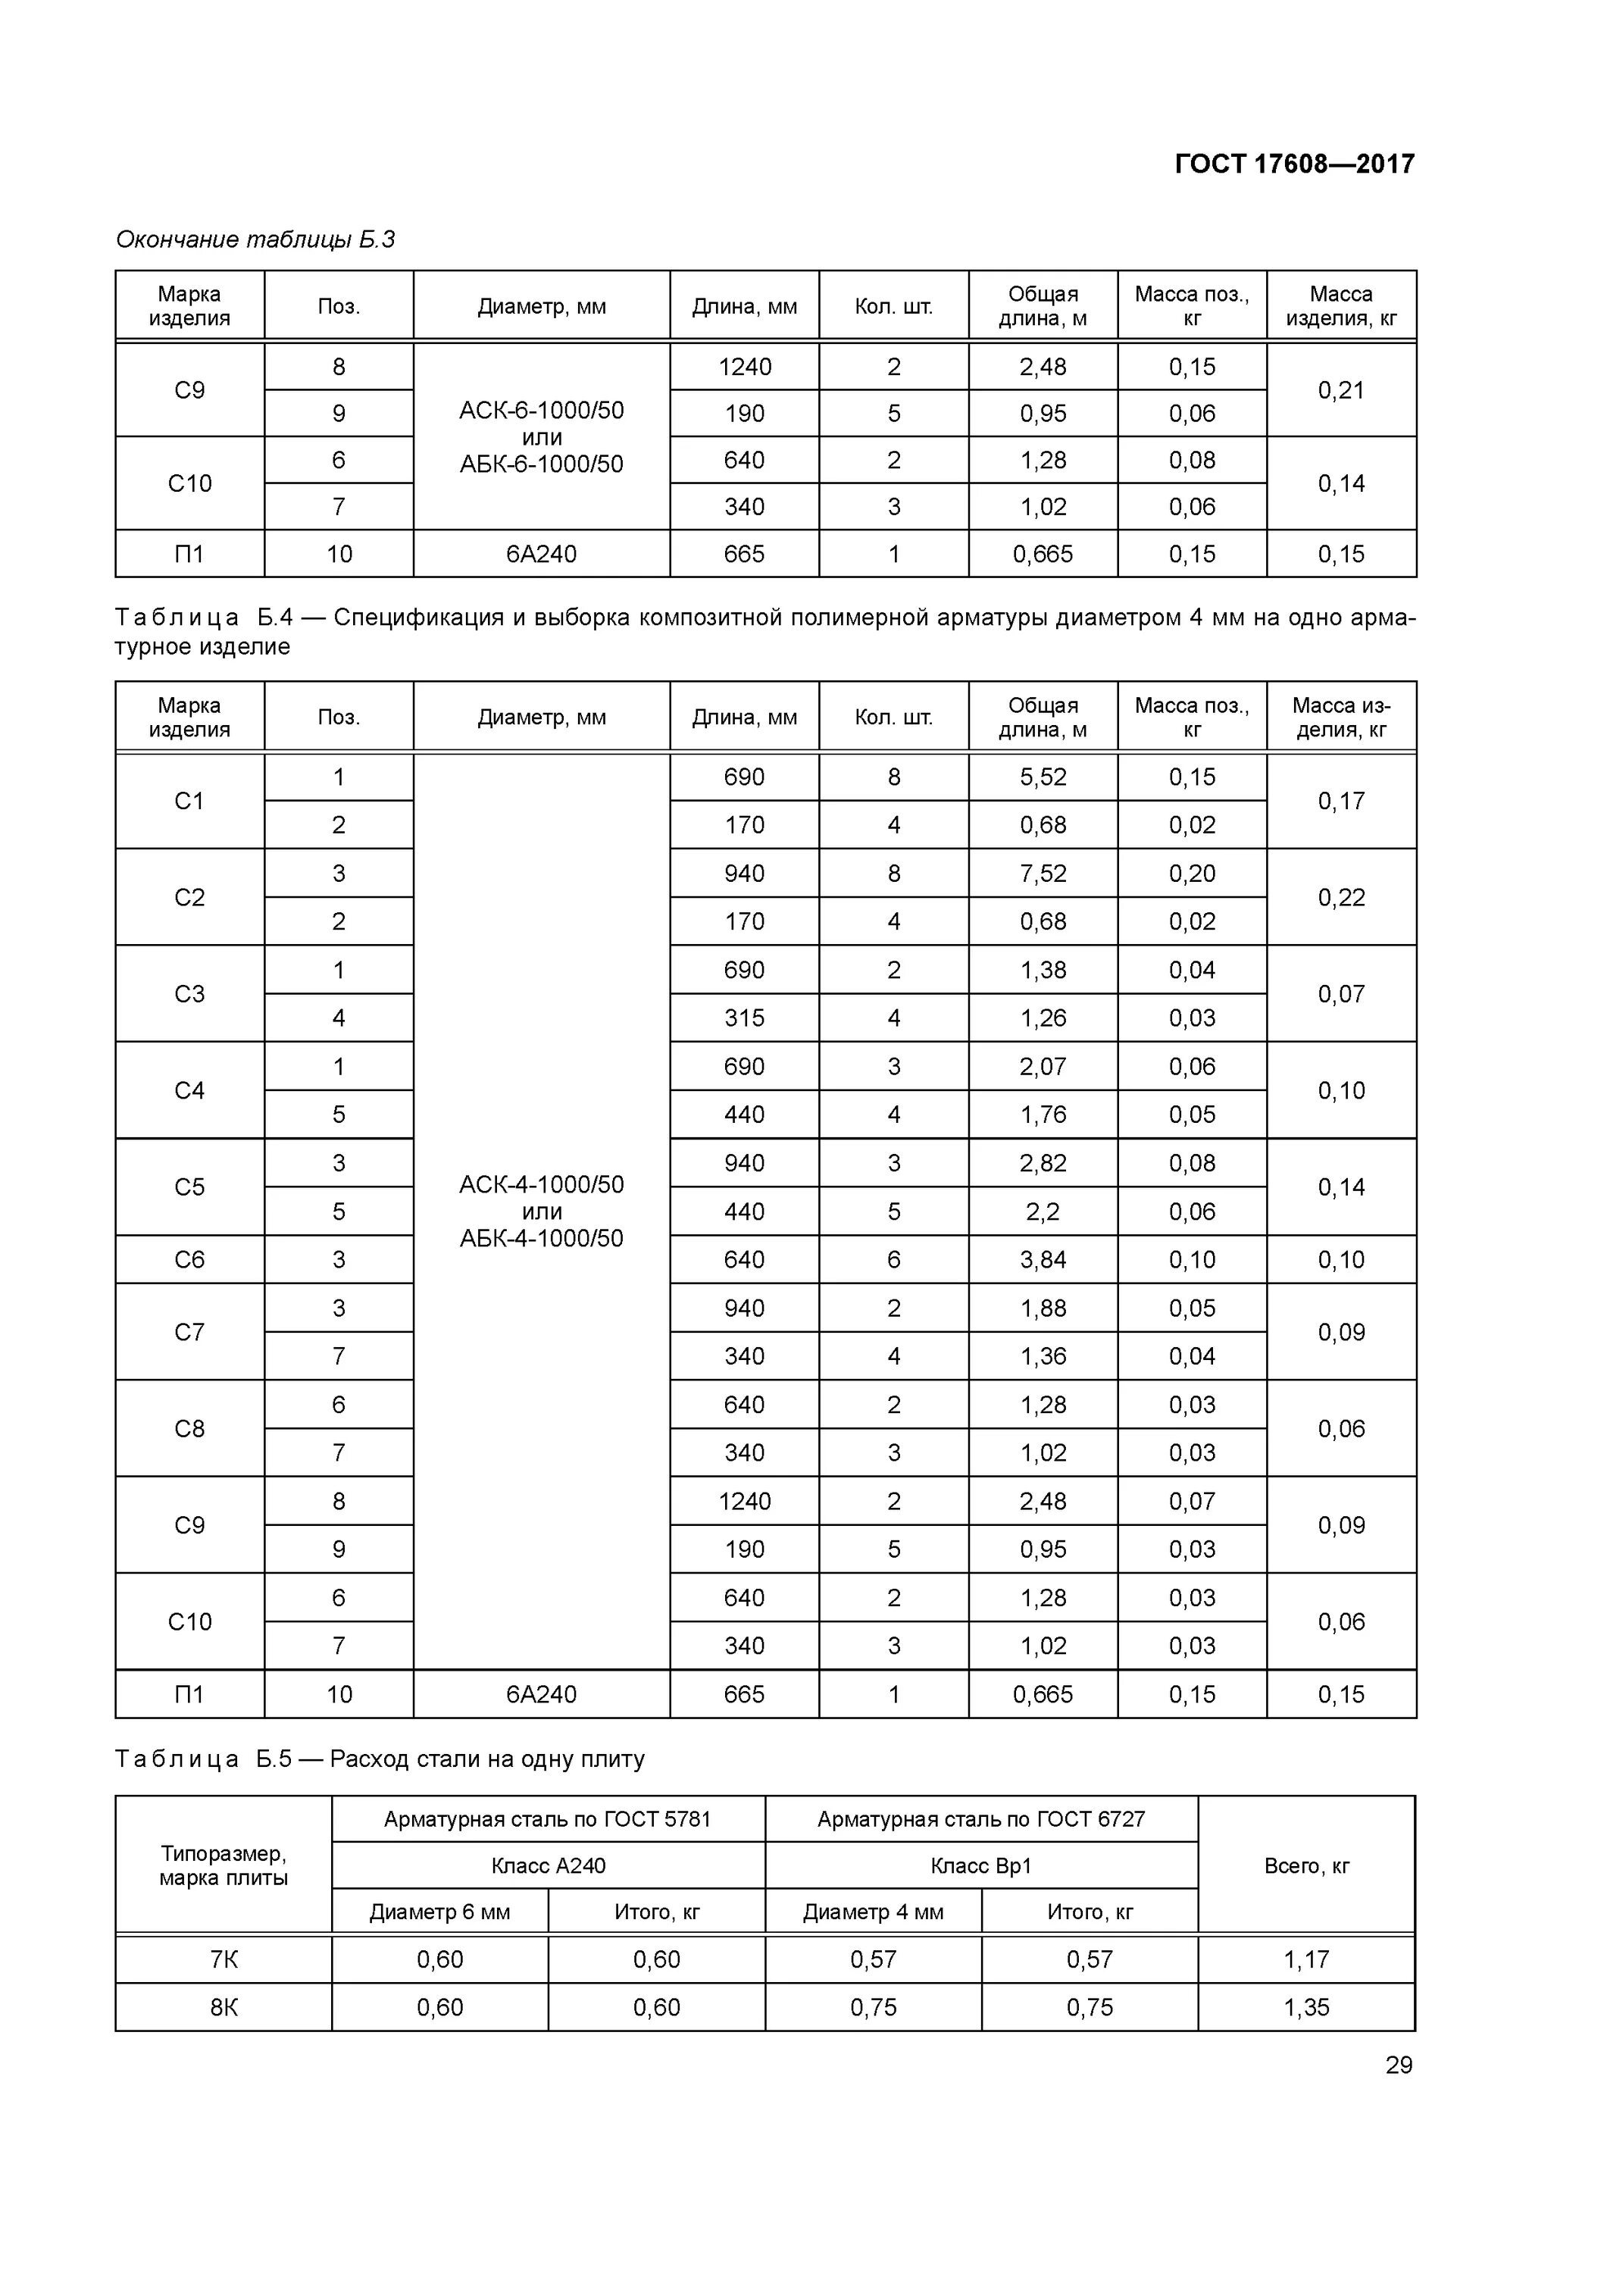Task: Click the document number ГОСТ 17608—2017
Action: pyautogui.click(x=1294, y=164)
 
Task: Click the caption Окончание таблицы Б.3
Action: pyautogui.click(x=255, y=239)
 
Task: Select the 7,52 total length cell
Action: pyautogui.click(x=1043, y=873)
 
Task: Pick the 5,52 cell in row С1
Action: pyautogui.click(x=1043, y=777)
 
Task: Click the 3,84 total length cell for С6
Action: pyautogui.click(x=1043, y=1259)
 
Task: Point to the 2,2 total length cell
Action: pyautogui.click(x=1043, y=1211)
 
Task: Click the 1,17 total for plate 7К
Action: pyautogui.click(x=1306, y=1959)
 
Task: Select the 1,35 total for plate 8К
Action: pyautogui.click(x=1306, y=2007)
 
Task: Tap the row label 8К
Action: pyautogui.click(x=224, y=2007)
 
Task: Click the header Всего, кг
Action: pyautogui.click(x=1306, y=1865)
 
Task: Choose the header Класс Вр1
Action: pyautogui.click(x=981, y=1865)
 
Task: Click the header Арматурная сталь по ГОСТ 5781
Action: pyautogui.click(x=548, y=1818)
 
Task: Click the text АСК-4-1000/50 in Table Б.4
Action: pyautogui.click(x=542, y=1184)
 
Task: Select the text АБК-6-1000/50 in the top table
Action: pyautogui.click(x=542, y=464)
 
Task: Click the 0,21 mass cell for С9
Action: pyautogui.click(x=1340, y=390)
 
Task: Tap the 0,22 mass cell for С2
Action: pyautogui.click(x=1340, y=897)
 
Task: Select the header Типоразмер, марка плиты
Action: pyautogui.click(x=224, y=1865)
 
